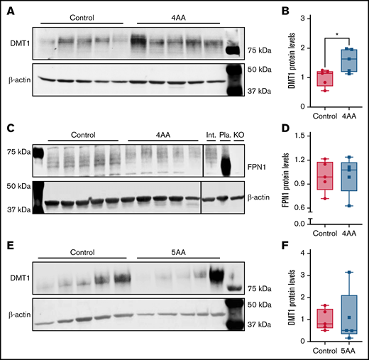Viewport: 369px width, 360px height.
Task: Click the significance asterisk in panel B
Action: click(327, 32)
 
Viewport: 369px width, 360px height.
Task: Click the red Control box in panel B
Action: click(306, 78)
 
